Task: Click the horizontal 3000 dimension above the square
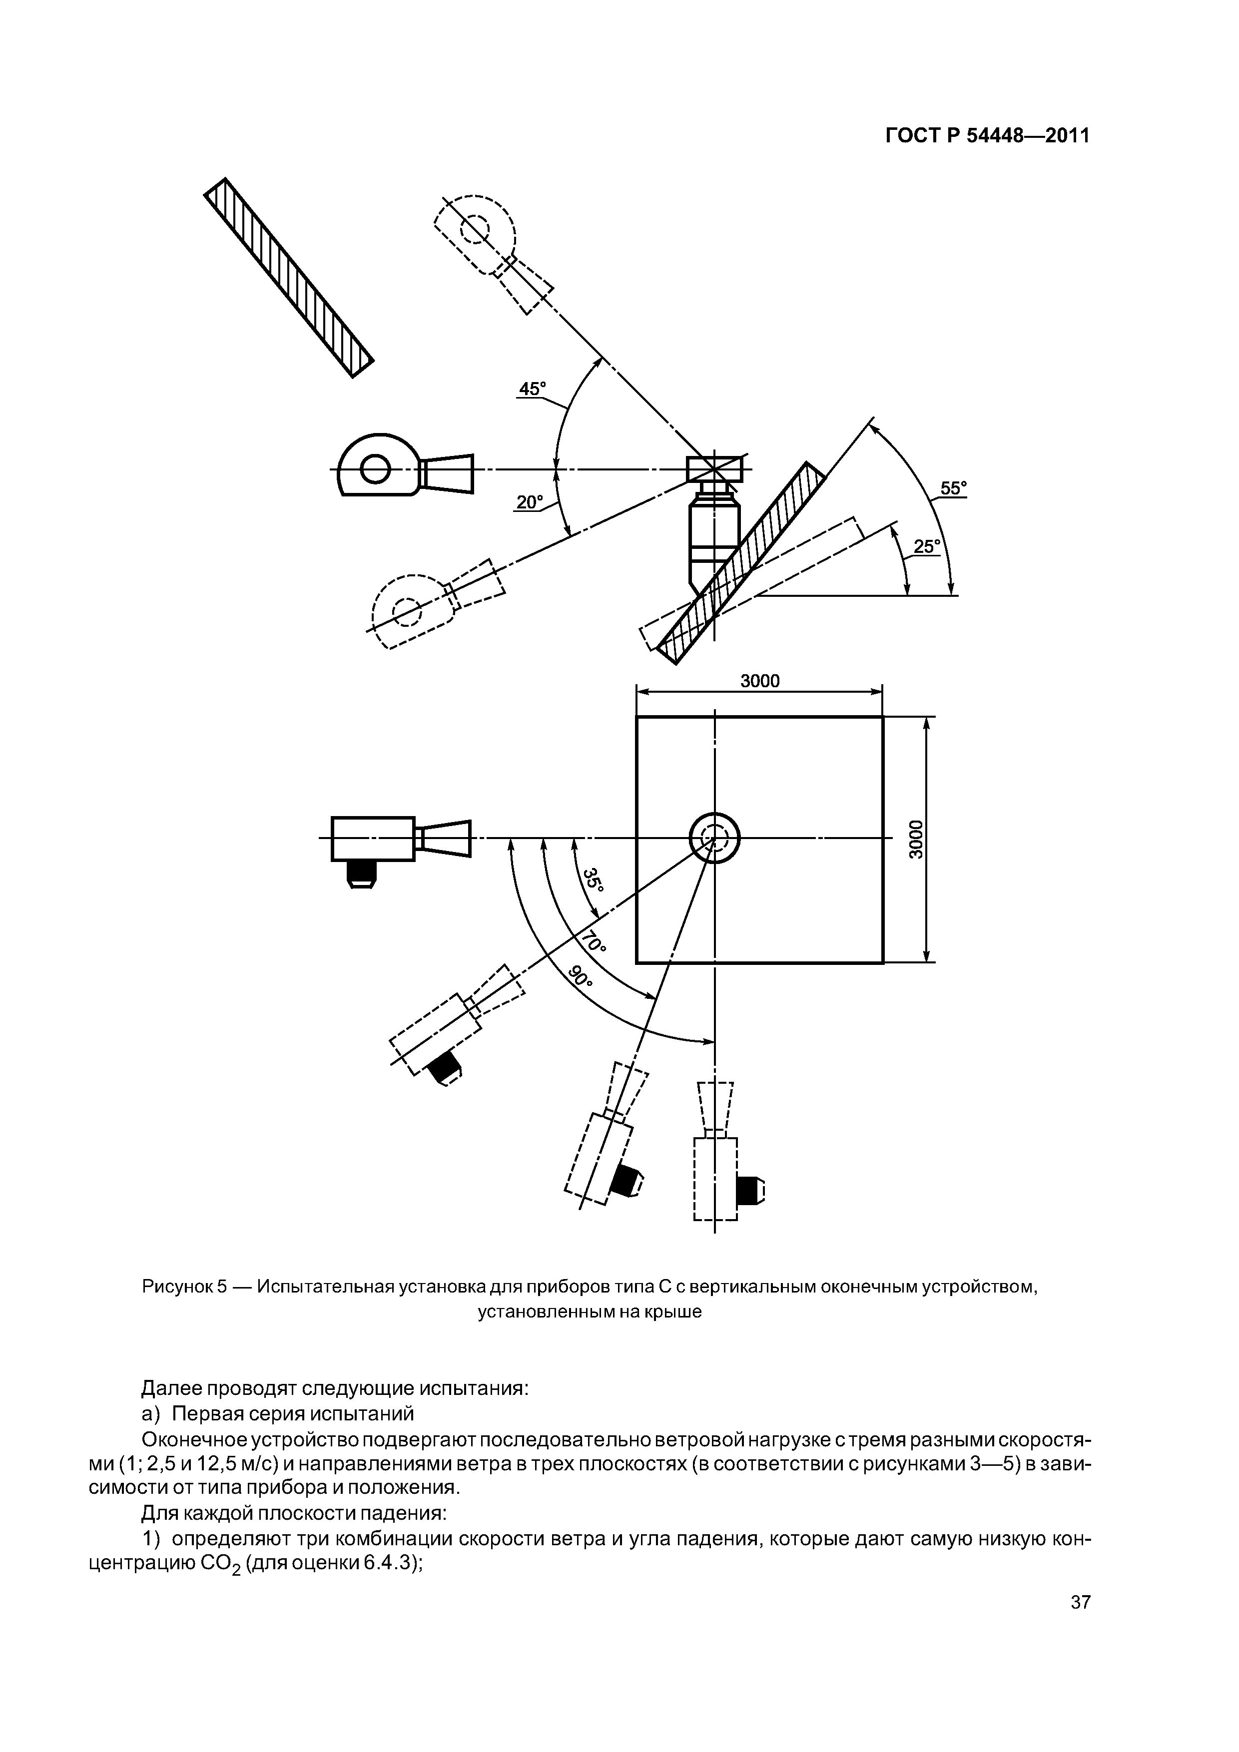pos(760,681)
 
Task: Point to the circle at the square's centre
pos(714,839)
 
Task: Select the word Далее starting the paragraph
pos(172,1387)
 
